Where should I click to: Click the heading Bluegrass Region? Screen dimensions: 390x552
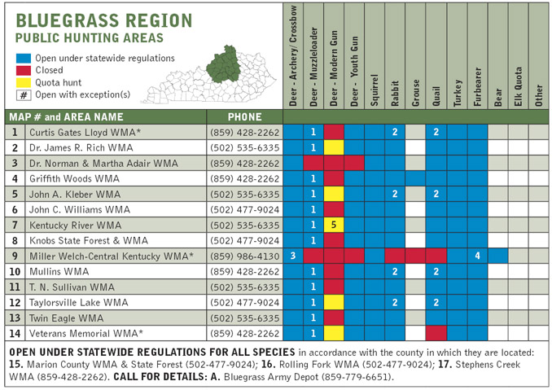[x=104, y=20]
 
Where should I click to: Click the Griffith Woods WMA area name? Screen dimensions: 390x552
[x=74, y=178]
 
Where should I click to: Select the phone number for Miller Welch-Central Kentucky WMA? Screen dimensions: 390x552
[x=244, y=256]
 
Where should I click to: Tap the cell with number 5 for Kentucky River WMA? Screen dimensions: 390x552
[x=334, y=225]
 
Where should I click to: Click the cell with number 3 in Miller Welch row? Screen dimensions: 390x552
[x=293, y=256]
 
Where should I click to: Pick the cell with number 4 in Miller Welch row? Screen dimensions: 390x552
[x=477, y=256]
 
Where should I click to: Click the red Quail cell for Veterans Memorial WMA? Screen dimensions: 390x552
[x=436, y=333]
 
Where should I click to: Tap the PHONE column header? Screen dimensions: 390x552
[x=244, y=116]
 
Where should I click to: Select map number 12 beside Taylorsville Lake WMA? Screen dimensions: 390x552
[x=15, y=302]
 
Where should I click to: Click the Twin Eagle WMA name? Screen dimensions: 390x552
[x=67, y=318]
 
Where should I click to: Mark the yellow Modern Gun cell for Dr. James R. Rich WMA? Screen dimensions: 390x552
[x=334, y=147]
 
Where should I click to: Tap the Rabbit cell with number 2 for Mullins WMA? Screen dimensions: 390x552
[x=395, y=271]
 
